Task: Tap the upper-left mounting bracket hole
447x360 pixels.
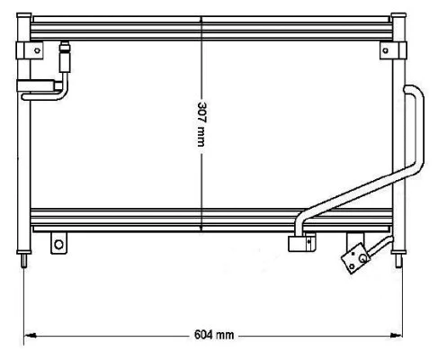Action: (36, 51)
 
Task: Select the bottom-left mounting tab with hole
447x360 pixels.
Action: (59, 244)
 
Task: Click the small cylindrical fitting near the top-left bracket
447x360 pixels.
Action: (65, 59)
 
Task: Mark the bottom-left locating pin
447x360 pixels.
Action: (22, 262)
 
